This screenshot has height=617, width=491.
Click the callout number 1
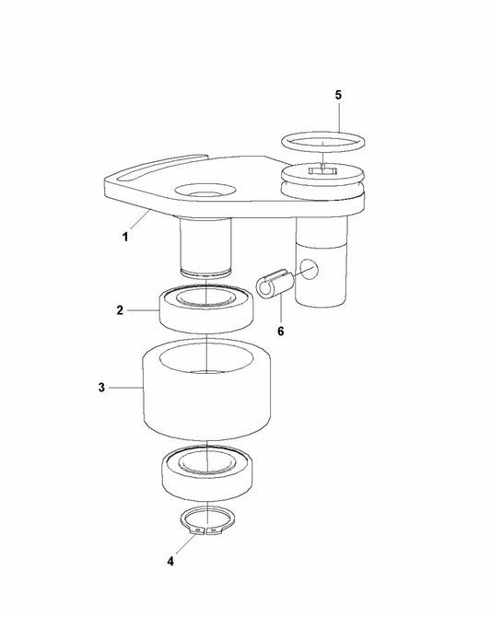125,237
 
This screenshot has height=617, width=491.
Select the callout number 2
120,310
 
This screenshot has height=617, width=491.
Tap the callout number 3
101,388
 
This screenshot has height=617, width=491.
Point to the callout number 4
170,562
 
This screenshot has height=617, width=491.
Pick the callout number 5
339,95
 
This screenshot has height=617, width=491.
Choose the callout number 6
281,332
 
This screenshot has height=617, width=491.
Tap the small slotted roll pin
275,284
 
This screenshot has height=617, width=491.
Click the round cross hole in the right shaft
309,269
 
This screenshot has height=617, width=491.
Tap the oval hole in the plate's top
205,190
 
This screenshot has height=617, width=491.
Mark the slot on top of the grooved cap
322,170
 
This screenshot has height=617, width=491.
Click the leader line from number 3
125,388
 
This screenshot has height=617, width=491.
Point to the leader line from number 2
143,310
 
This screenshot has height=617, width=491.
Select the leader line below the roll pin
281,311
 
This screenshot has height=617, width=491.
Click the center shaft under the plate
206,246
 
